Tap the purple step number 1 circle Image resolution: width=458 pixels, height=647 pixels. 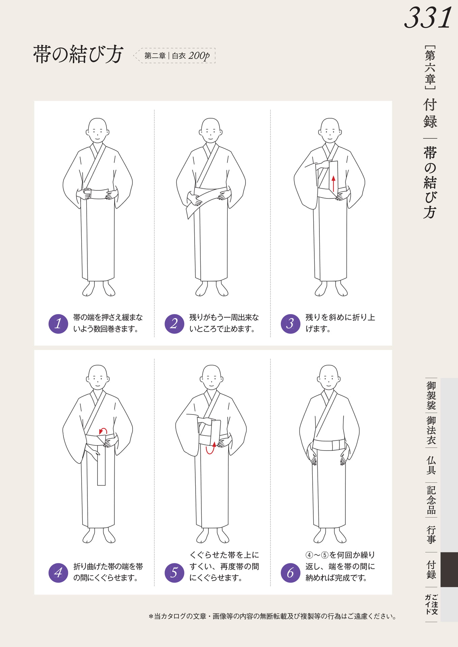point(58,323)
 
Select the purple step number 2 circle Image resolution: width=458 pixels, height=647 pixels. point(174,323)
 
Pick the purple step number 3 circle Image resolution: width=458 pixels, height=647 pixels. point(290,323)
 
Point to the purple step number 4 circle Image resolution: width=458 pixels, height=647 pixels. point(58,573)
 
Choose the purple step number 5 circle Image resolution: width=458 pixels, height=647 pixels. point(174,573)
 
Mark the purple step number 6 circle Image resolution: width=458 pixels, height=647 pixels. point(290,573)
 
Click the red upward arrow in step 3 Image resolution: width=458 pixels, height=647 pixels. point(334,184)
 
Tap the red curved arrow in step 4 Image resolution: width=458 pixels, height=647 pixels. point(103,431)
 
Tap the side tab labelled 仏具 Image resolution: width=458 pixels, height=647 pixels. point(431,465)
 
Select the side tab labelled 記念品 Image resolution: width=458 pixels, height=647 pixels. point(431,500)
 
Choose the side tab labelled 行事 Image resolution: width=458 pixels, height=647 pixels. point(431,535)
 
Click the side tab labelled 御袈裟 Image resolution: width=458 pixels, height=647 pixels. point(431,395)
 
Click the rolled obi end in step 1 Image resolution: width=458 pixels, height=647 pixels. point(87,193)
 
